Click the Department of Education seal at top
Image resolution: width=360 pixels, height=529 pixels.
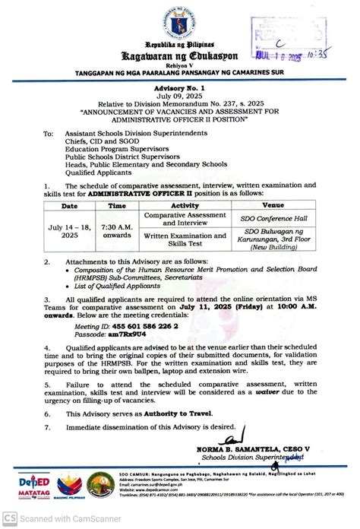[179, 24]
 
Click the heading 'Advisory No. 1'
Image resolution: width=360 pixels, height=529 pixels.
[180, 90]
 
